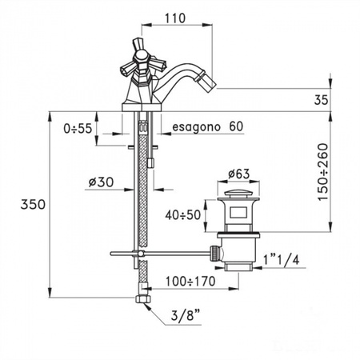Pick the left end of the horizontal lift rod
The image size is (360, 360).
tap(112, 254)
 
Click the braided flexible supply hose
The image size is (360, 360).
tap(142, 200)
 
